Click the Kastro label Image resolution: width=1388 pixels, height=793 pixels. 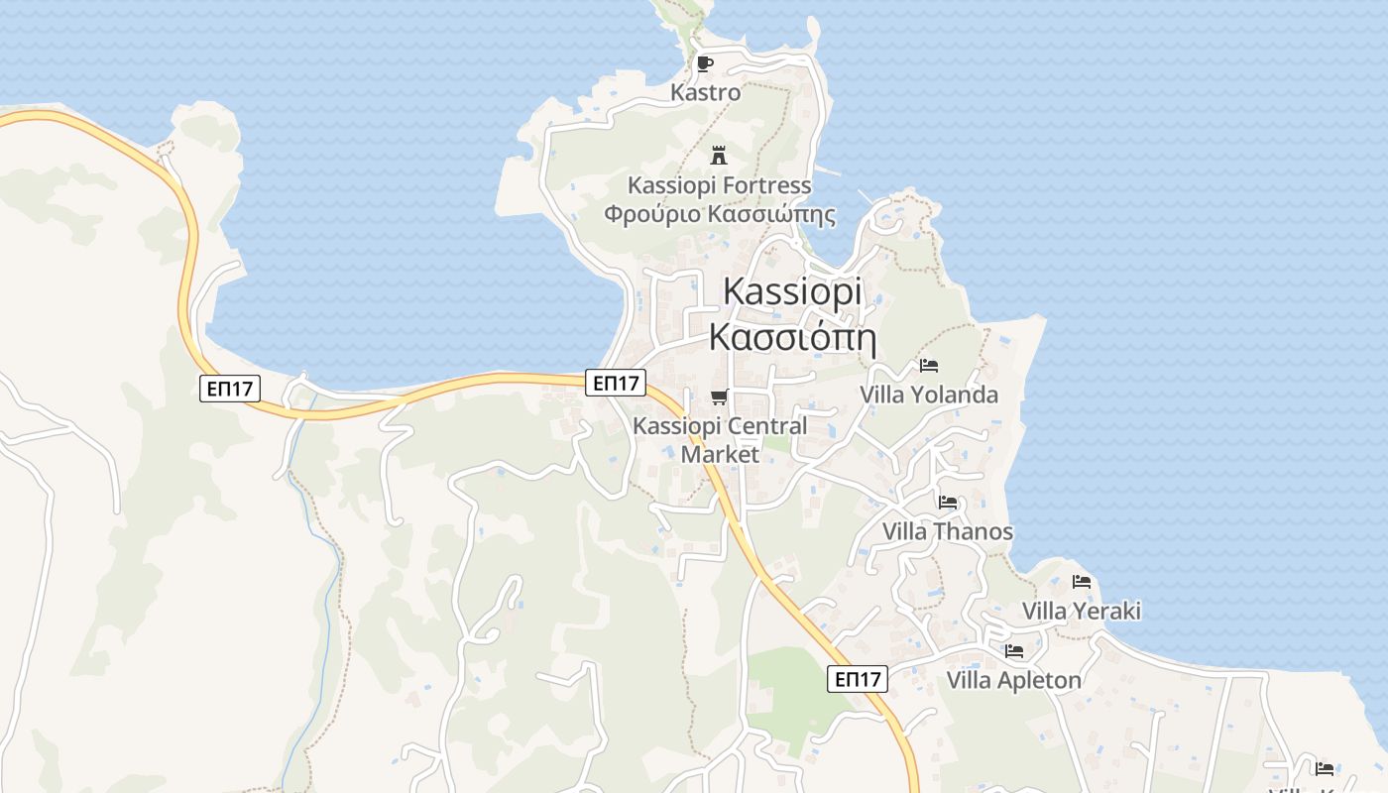click(x=705, y=92)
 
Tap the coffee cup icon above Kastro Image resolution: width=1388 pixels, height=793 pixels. click(x=705, y=64)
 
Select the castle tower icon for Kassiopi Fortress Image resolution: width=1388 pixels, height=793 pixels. click(x=719, y=155)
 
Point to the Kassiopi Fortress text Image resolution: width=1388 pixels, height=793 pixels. click(x=719, y=185)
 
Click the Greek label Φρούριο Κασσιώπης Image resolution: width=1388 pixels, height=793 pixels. click(x=719, y=214)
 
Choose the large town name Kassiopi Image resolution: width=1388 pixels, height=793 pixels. click(x=792, y=291)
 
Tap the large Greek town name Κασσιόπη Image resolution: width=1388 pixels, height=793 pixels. click(x=792, y=337)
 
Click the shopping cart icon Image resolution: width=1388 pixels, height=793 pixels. click(x=720, y=396)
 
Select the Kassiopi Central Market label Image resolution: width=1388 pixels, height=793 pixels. click(x=720, y=440)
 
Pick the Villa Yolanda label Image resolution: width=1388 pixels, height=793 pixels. click(x=929, y=395)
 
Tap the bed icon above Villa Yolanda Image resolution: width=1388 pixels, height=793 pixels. click(x=929, y=366)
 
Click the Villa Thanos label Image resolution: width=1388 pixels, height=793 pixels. click(x=948, y=531)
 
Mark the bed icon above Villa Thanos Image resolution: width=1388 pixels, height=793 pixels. click(x=948, y=503)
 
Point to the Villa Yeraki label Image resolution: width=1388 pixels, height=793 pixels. click(x=1081, y=611)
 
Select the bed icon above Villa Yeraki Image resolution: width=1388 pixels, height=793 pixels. click(x=1082, y=582)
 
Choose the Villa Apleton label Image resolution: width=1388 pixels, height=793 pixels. click(x=1013, y=680)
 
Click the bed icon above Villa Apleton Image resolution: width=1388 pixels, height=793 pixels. click(x=1013, y=651)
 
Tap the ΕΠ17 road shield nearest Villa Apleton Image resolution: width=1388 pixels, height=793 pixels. click(x=858, y=679)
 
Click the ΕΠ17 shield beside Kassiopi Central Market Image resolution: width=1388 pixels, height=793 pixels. click(x=616, y=383)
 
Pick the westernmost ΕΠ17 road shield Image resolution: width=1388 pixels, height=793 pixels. click(x=230, y=388)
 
